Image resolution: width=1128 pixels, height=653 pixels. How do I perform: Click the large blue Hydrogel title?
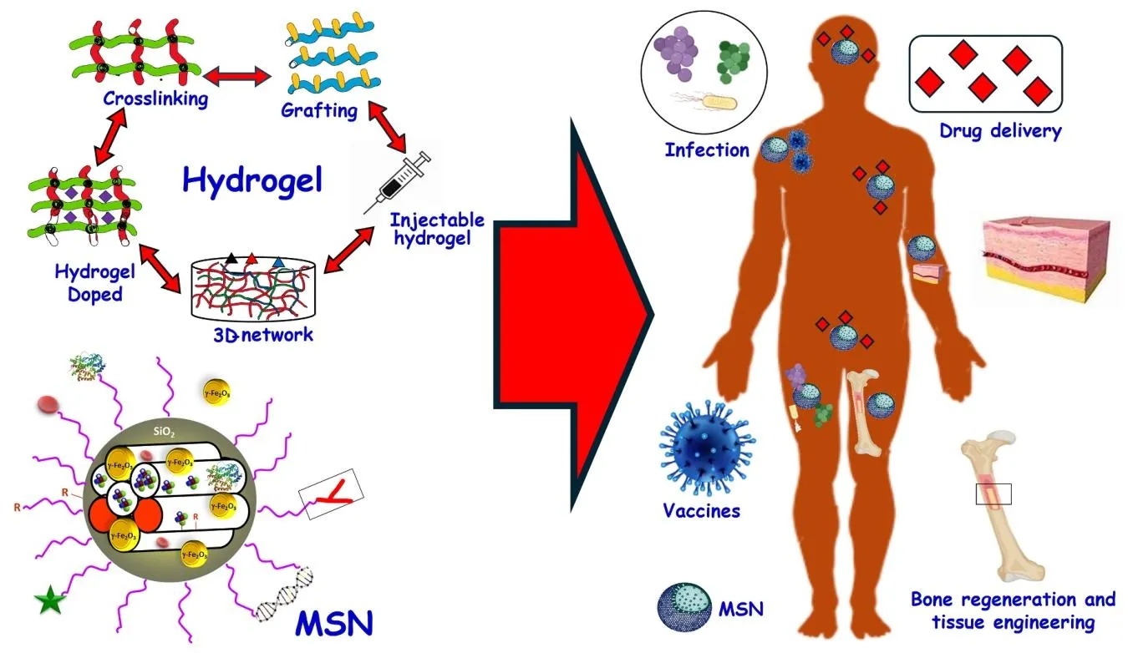point(252,180)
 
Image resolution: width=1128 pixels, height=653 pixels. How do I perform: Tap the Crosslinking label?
point(155,99)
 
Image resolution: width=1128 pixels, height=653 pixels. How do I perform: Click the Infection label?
point(707,150)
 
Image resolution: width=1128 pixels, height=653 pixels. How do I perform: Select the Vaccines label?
point(701,510)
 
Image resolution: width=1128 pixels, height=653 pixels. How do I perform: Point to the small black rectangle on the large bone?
point(993,494)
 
